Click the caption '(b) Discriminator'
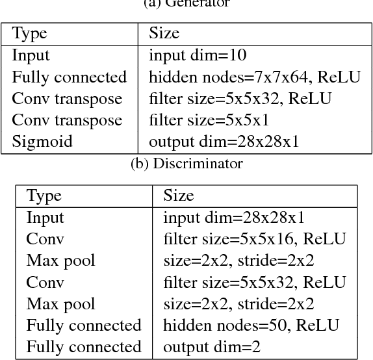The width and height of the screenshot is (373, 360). coord(186,163)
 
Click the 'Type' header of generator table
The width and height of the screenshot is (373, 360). coord(30,34)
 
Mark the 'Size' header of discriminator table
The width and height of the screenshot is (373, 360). coord(178,196)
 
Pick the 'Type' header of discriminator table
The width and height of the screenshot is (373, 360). coord(44,196)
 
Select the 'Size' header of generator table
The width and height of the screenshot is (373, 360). coord(164,34)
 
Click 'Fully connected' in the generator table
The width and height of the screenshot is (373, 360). coord(70,77)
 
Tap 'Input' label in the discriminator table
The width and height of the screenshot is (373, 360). coord(45,218)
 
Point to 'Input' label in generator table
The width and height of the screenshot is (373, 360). coord(31,56)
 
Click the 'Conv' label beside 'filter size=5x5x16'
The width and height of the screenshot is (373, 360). coord(45,239)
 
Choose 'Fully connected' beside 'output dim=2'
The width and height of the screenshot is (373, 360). coord(84,346)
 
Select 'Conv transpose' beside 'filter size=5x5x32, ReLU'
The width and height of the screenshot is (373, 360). coord(67,99)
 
